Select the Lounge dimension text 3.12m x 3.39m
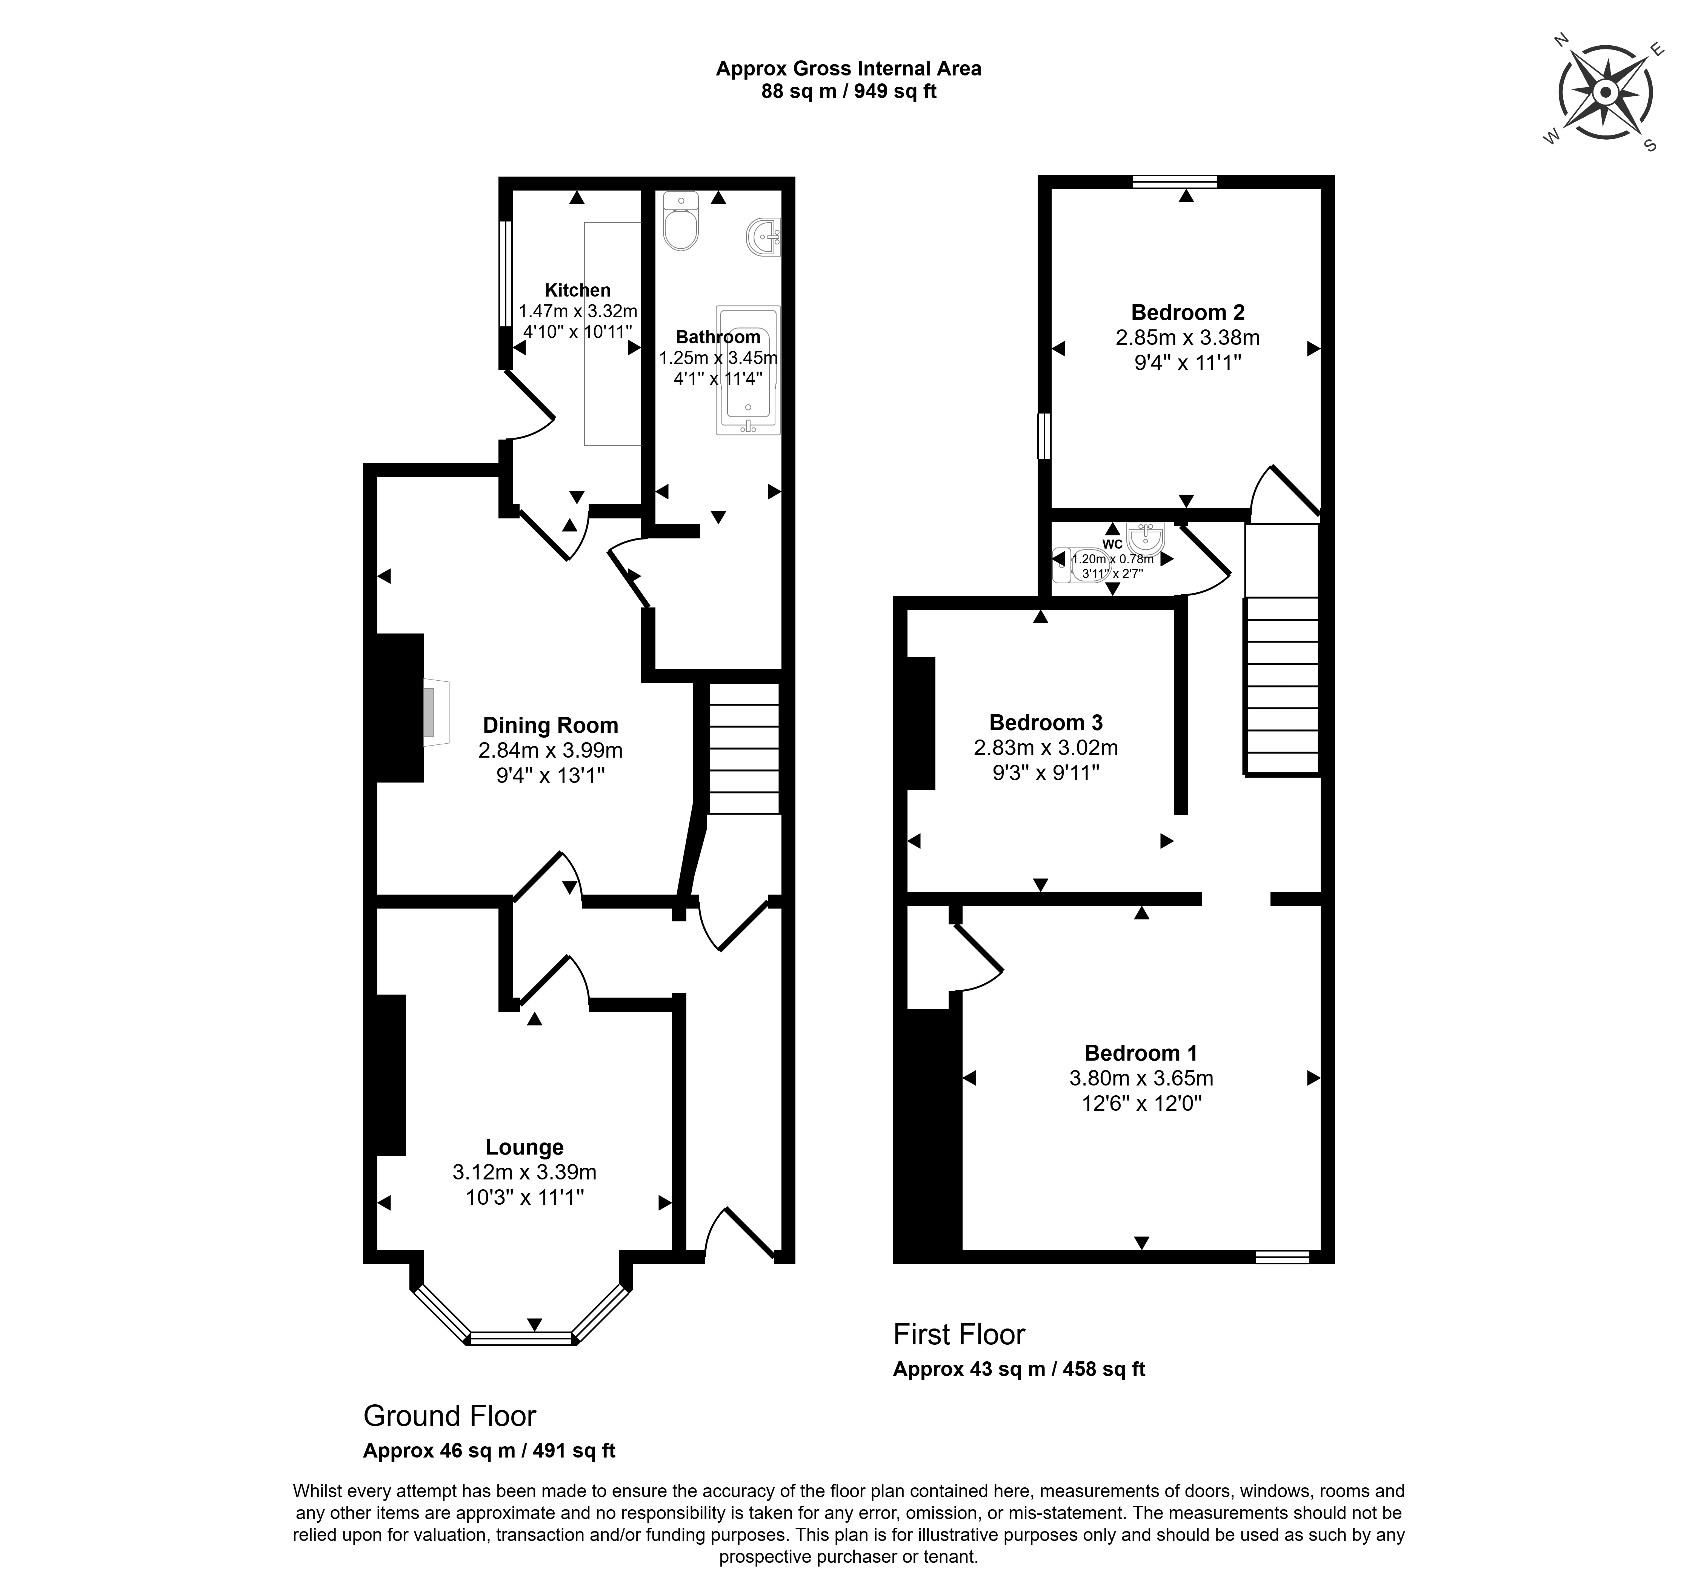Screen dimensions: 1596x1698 point(524,1172)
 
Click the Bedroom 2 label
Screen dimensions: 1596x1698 point(1187,312)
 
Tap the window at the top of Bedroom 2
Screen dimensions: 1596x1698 point(1174,181)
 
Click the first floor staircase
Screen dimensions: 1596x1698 point(1282,683)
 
